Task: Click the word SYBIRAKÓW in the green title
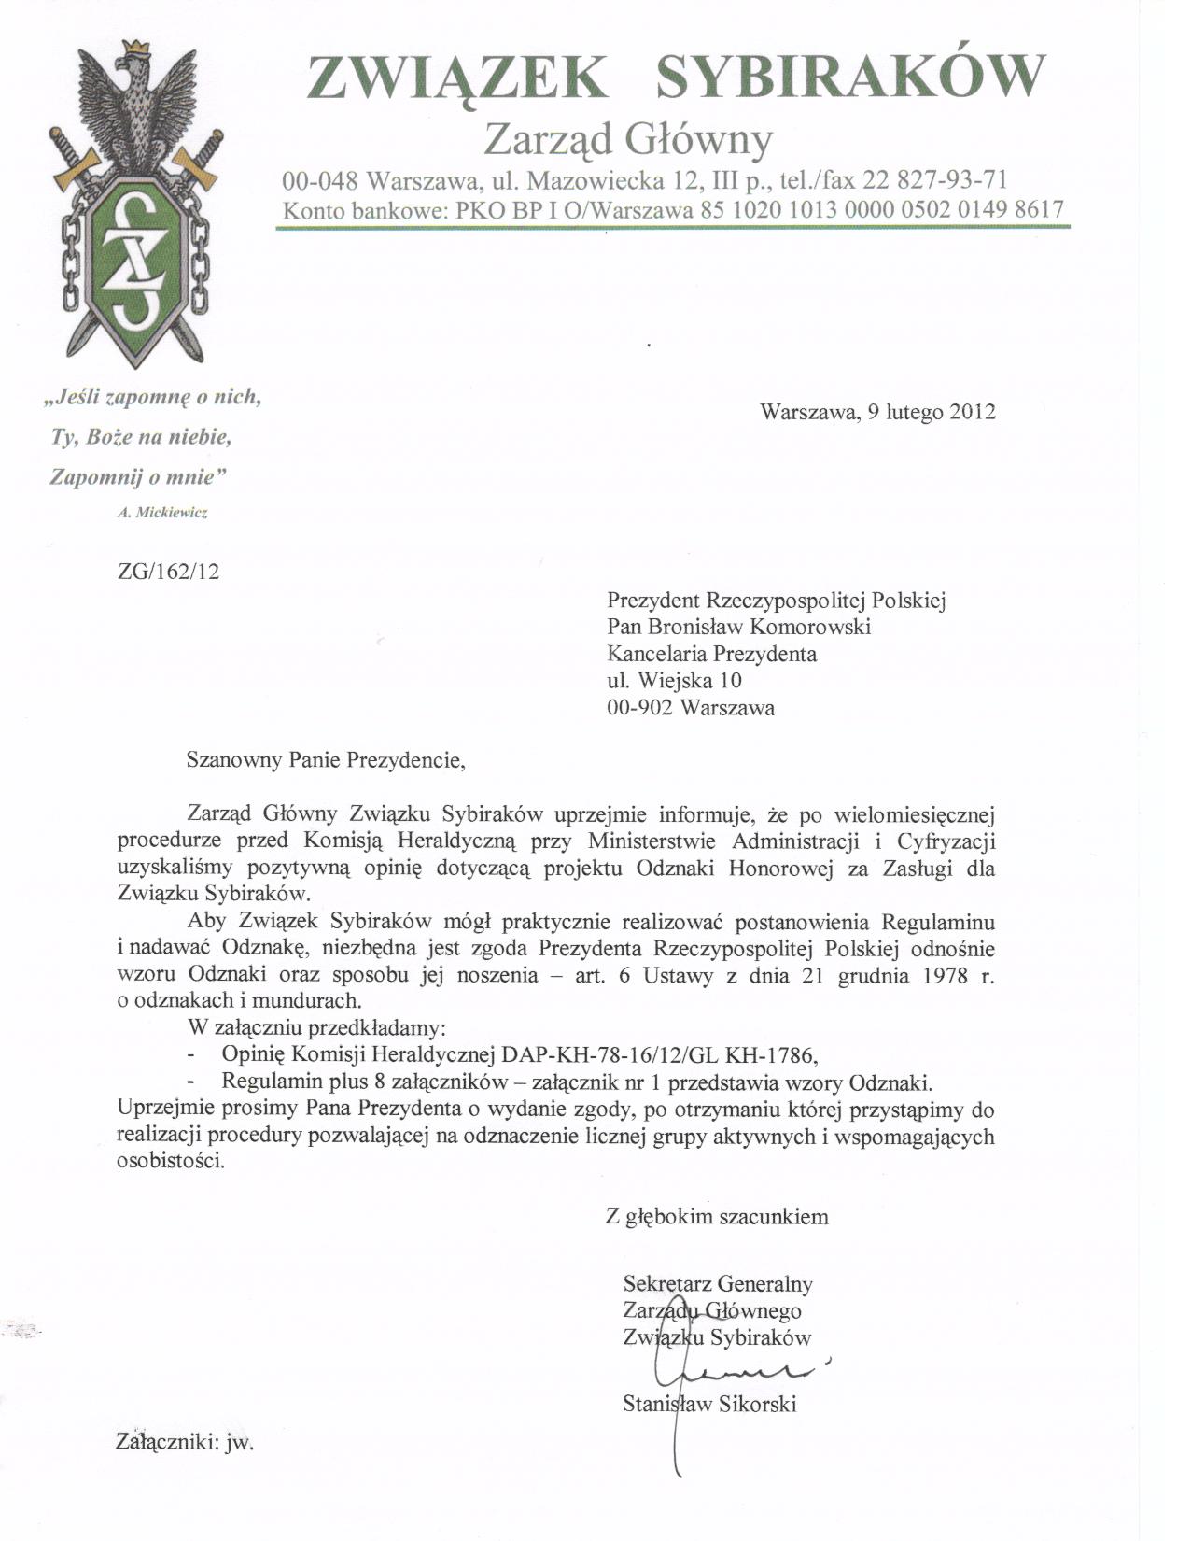pyautogui.click(x=848, y=77)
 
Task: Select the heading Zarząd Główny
pyautogui.click(x=629, y=140)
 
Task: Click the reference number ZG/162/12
pyautogui.click(x=169, y=571)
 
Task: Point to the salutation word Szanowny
pyautogui.click(x=232, y=759)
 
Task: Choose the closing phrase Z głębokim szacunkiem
pyautogui.click(x=717, y=1216)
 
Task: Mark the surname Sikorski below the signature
pyautogui.click(x=758, y=1404)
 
